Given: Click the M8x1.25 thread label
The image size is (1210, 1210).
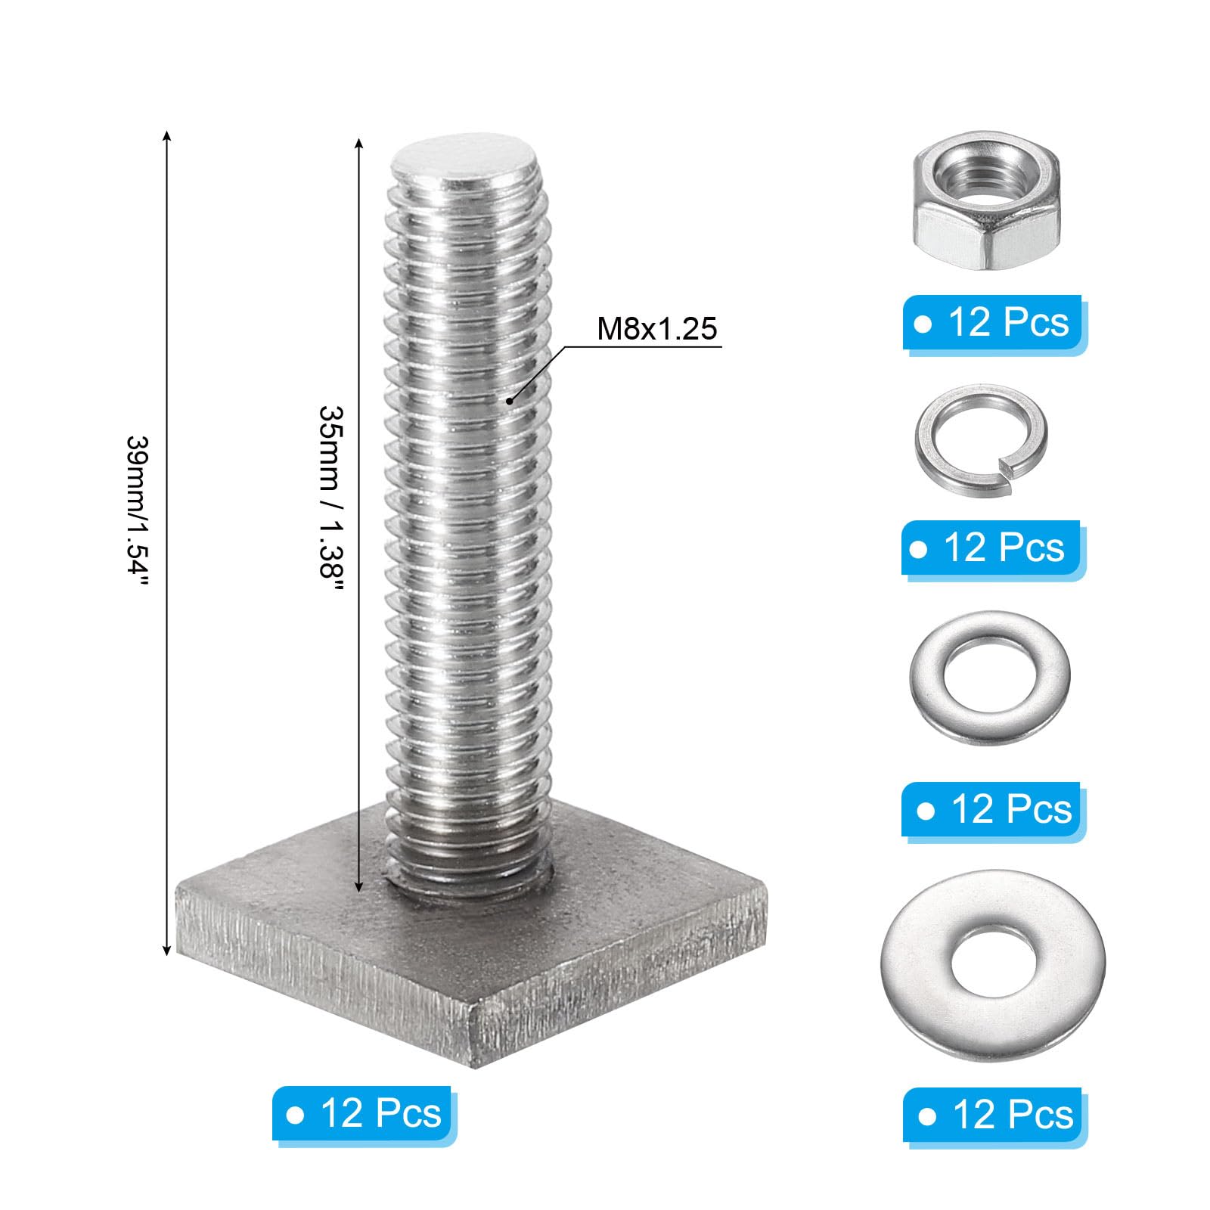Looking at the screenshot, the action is pos(656,329).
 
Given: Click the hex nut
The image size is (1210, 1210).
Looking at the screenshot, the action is pos(985,200).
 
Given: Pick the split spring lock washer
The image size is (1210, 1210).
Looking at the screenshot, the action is pos(981,439).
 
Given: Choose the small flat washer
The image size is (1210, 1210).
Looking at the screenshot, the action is pos(989,677).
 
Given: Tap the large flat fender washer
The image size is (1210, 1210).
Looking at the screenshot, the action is pos(993,966).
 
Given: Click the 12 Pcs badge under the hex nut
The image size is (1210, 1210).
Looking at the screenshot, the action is pos(993,324).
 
